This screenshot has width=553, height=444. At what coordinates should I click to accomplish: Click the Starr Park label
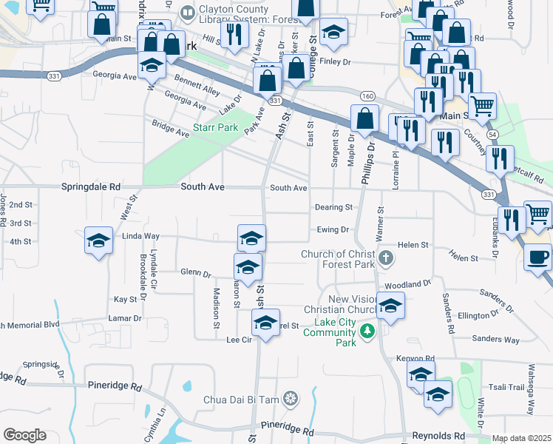(x=215, y=127)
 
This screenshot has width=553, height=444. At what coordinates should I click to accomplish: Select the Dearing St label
(x=333, y=208)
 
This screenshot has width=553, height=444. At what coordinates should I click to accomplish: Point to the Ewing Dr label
(x=333, y=230)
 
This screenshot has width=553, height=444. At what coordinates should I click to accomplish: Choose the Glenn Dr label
(x=196, y=272)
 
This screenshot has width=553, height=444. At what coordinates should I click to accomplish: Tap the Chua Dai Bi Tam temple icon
(x=291, y=400)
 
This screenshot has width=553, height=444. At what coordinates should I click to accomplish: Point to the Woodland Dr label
(x=407, y=284)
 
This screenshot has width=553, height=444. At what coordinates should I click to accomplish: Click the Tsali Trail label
(x=506, y=387)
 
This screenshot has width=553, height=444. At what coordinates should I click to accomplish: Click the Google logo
(x=24, y=435)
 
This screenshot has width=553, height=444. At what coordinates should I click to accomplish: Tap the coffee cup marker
(x=538, y=257)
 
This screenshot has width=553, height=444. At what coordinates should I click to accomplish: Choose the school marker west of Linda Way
(x=98, y=240)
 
